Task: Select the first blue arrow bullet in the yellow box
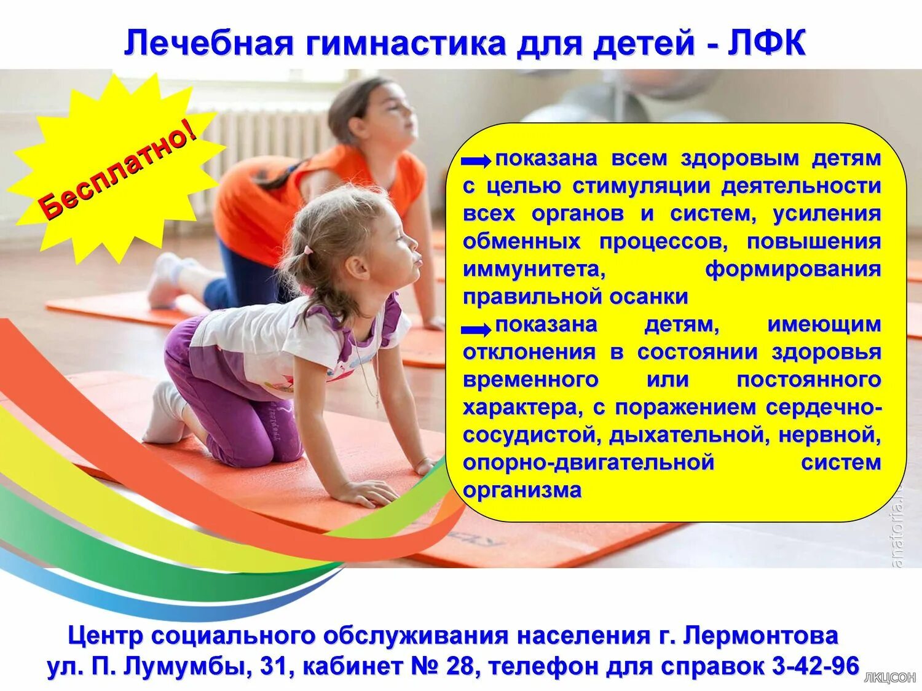(x=476, y=161)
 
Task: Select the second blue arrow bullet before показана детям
(x=476, y=330)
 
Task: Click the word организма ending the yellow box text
(x=522, y=490)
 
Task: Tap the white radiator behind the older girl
(x=264, y=147)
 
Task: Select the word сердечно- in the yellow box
(x=824, y=407)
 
